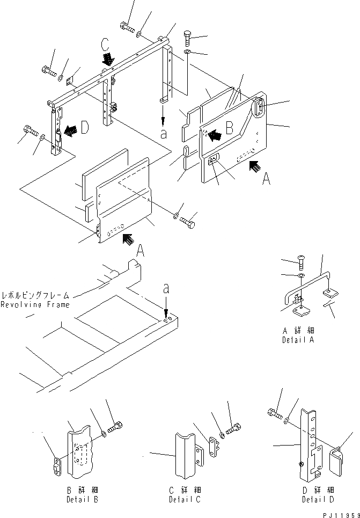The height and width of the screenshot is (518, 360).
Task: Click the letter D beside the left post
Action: pyautogui.click(x=84, y=129)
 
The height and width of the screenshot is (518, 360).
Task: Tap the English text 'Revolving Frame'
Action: pyautogui.click(x=35, y=305)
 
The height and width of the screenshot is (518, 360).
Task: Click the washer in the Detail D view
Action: pyautogui.click(x=289, y=419)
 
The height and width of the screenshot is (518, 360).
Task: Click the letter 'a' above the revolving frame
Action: pyautogui.click(x=166, y=289)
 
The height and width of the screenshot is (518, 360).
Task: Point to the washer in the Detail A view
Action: pyautogui.click(x=300, y=276)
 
